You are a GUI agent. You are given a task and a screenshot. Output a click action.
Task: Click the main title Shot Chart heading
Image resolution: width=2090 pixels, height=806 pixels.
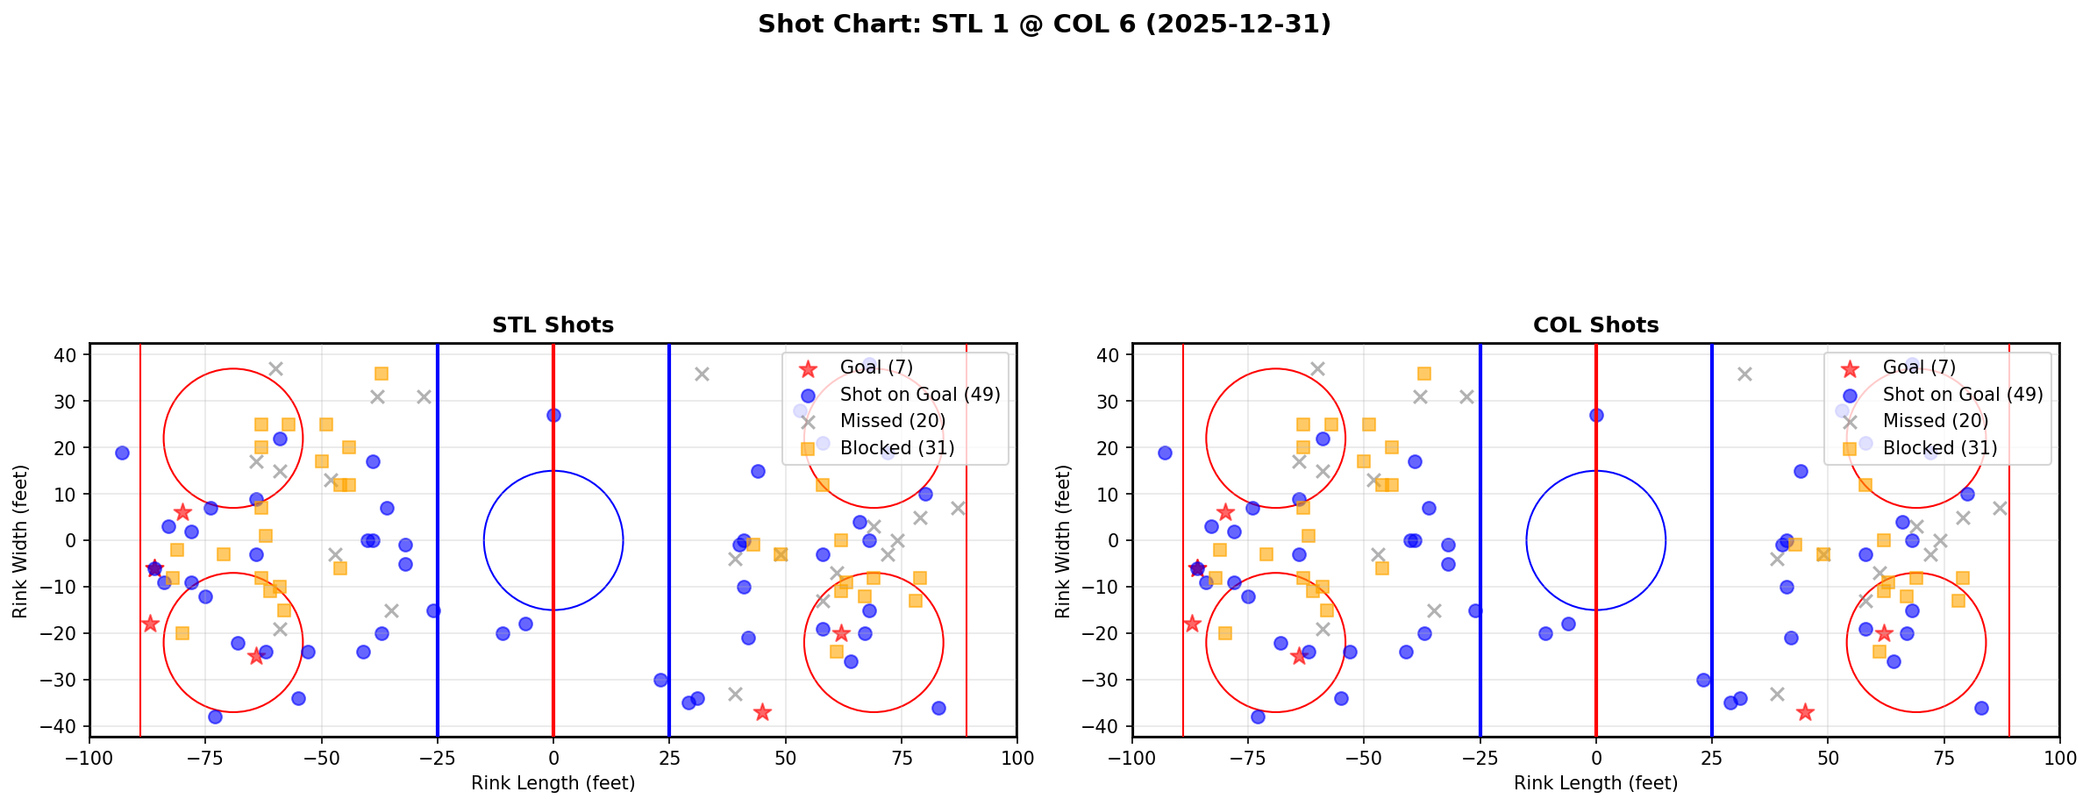[x=1044, y=24]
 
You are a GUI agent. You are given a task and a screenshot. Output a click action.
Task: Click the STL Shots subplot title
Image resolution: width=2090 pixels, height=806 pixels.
[x=553, y=325]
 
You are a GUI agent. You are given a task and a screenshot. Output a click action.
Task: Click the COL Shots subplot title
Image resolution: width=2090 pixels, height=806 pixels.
[x=1595, y=325]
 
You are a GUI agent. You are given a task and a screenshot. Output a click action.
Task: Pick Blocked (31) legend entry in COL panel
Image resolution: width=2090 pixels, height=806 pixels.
[x=1940, y=448]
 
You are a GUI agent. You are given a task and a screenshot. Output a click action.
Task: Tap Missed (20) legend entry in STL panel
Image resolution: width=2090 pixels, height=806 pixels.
[x=892, y=421]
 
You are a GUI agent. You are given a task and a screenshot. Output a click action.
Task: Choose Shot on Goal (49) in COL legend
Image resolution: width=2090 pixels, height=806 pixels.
[x=1963, y=395]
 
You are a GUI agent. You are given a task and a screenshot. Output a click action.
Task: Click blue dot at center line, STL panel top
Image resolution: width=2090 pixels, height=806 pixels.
[x=553, y=416]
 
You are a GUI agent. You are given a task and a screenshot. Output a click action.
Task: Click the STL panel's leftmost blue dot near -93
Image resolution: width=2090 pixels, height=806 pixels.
[x=122, y=453]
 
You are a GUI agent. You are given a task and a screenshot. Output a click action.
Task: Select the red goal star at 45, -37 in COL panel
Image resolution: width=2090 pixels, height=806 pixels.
[x=1805, y=712]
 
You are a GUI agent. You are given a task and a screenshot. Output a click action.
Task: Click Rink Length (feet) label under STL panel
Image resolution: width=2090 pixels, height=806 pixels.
[x=553, y=783]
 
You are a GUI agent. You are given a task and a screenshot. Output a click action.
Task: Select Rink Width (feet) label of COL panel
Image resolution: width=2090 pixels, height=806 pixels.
[x=1063, y=541]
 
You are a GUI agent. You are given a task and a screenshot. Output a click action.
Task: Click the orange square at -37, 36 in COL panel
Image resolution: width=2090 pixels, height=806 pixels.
[x=1424, y=374]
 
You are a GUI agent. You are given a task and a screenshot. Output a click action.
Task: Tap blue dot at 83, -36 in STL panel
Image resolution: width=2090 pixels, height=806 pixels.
[x=938, y=708]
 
